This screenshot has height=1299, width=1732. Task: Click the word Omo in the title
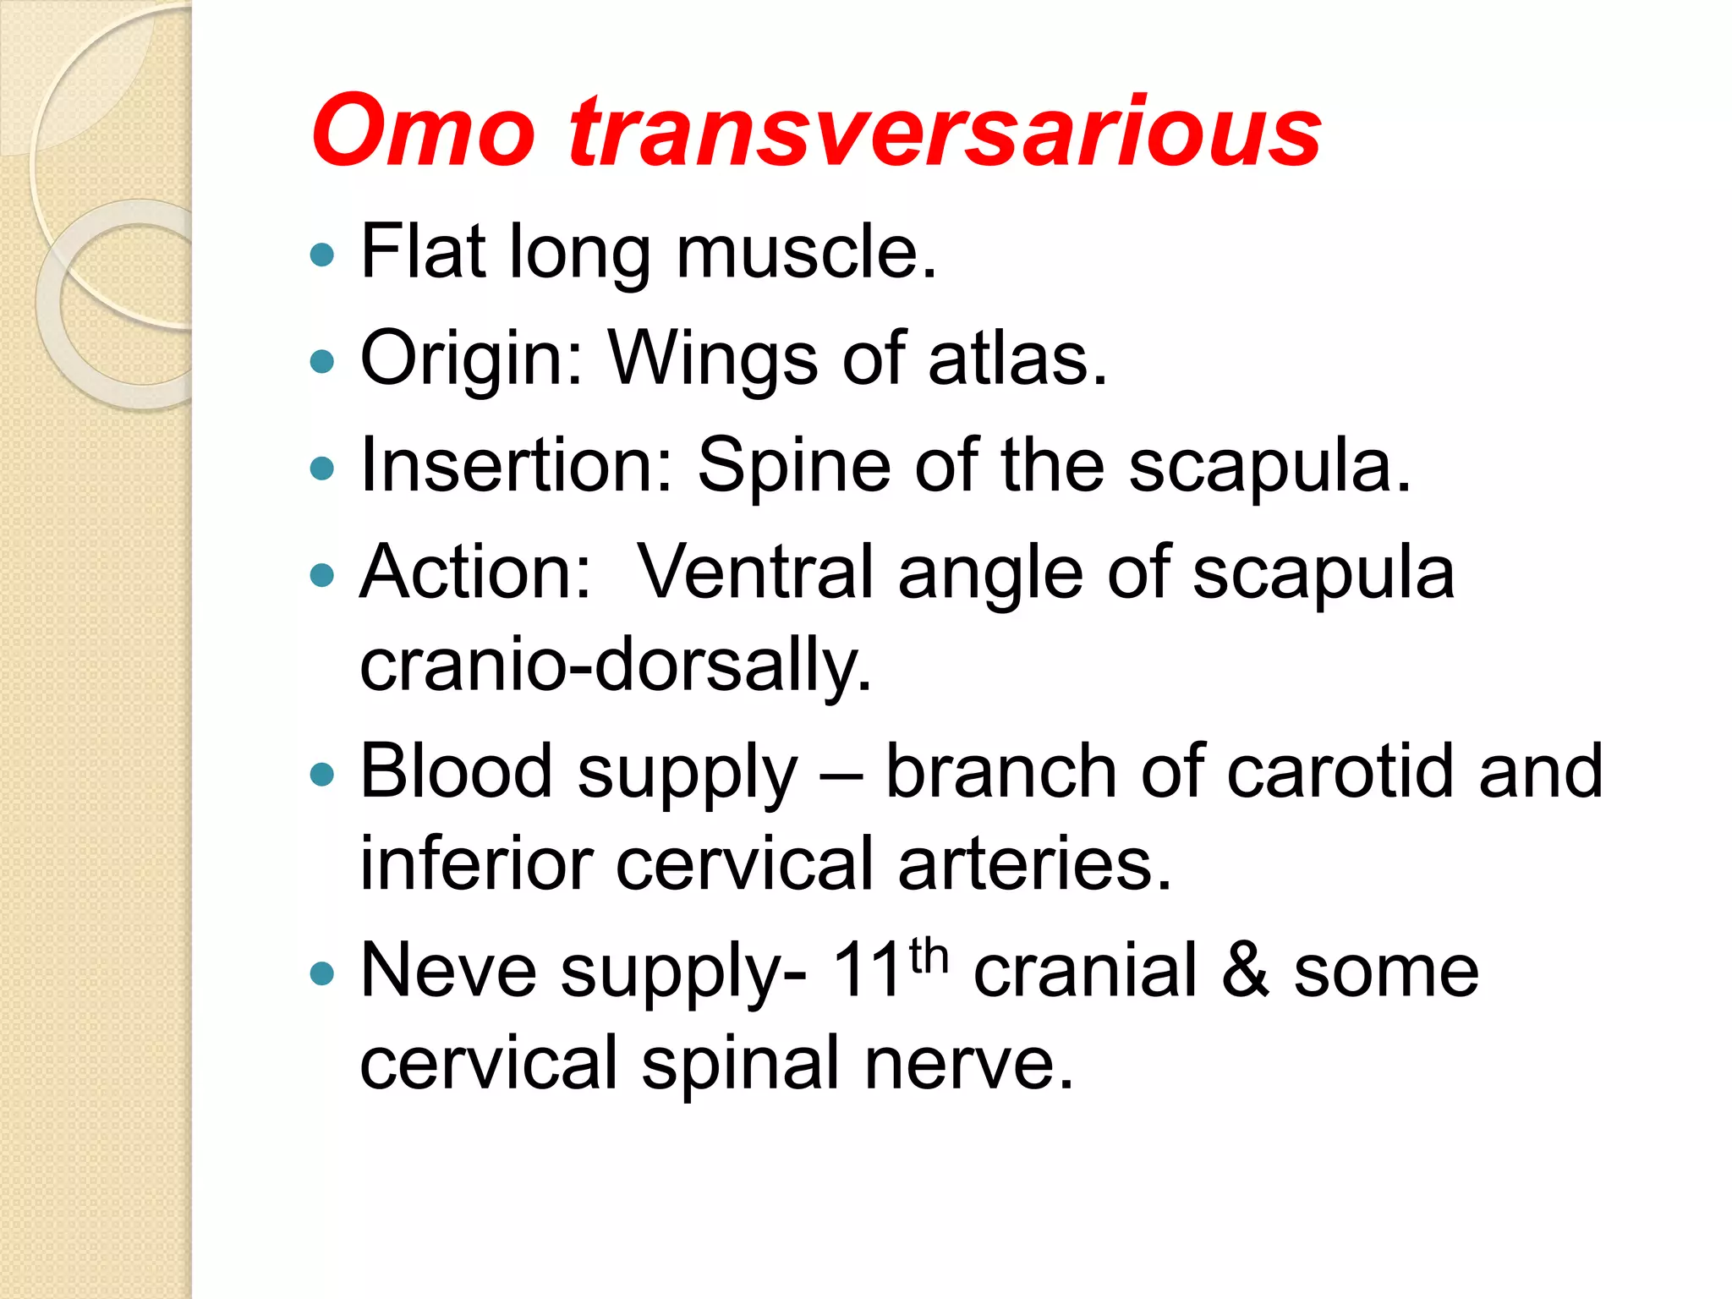[423, 131]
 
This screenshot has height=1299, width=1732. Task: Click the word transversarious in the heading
[945, 131]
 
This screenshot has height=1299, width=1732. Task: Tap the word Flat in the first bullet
[423, 251]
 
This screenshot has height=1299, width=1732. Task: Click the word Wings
[713, 359]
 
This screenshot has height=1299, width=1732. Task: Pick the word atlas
[1017, 358]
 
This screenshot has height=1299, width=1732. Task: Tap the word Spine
[793, 467]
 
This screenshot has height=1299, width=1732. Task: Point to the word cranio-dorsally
[615, 666]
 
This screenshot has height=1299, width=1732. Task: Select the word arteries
[1034, 863]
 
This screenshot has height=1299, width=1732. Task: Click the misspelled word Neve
[448, 971]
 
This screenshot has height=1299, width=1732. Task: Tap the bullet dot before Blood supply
[322, 774]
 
